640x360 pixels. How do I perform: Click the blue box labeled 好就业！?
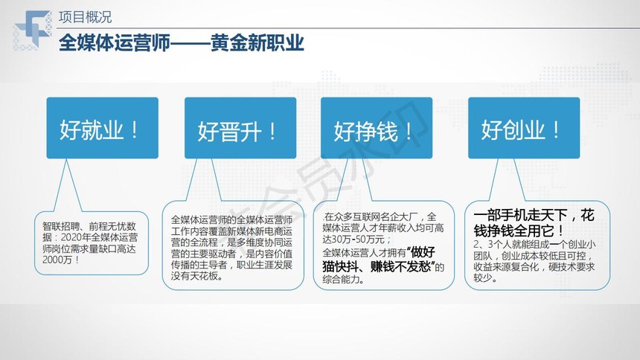click(102, 128)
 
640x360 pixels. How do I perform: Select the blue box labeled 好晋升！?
click(240, 128)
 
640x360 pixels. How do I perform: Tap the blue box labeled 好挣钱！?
click(377, 128)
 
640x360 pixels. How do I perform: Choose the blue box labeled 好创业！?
click(524, 128)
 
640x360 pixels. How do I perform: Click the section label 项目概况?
click(85, 17)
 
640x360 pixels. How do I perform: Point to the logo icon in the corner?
click(33, 30)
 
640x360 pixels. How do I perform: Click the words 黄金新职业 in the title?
click(257, 43)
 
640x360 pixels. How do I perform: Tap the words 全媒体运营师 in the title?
click(115, 43)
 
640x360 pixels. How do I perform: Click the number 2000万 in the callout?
click(57, 260)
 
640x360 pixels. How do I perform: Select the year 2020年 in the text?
click(75, 237)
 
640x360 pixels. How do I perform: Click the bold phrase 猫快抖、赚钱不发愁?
click(377, 266)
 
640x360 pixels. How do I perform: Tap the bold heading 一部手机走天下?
click(521, 215)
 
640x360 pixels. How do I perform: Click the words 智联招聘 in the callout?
click(61, 226)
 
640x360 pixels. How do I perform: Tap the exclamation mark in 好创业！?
click(556, 130)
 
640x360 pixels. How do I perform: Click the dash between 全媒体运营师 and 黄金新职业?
click(191, 43)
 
